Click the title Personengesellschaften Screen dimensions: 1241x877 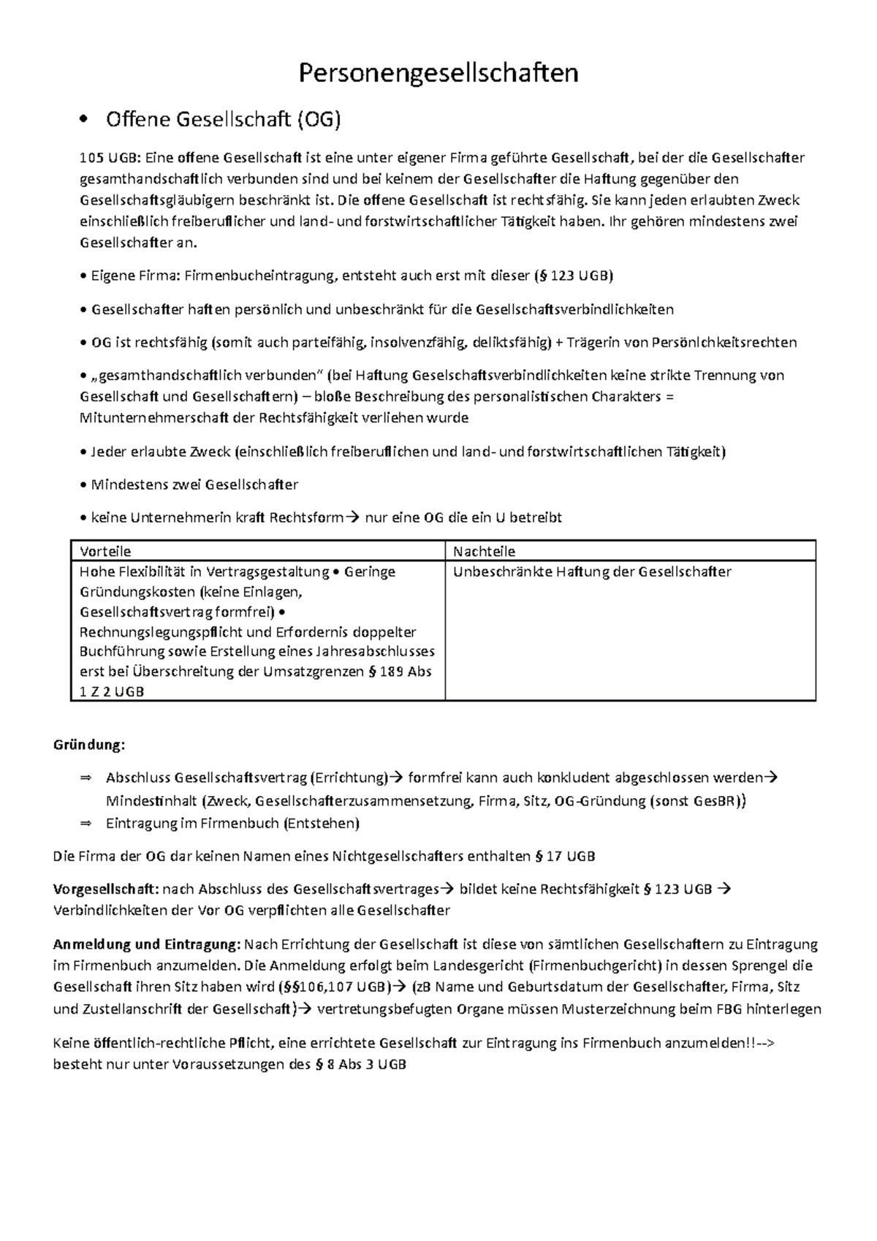tap(438, 73)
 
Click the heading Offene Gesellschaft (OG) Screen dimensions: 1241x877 tap(223, 119)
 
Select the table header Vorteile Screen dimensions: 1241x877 tap(105, 551)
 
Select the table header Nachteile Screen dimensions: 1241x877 tap(484, 551)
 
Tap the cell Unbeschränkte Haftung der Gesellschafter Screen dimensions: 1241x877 tap(592, 572)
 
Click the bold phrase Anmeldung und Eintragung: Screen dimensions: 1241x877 tap(147, 944)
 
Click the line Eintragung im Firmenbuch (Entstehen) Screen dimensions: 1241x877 tap(232, 824)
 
